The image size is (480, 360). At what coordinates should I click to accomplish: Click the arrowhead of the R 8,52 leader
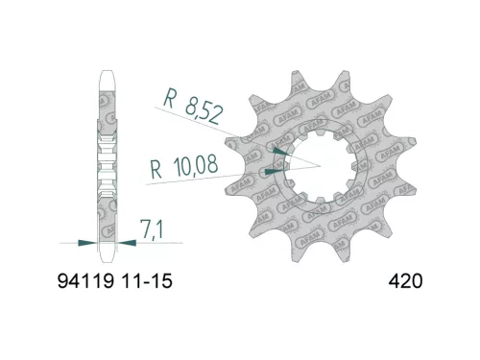point(279,150)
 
